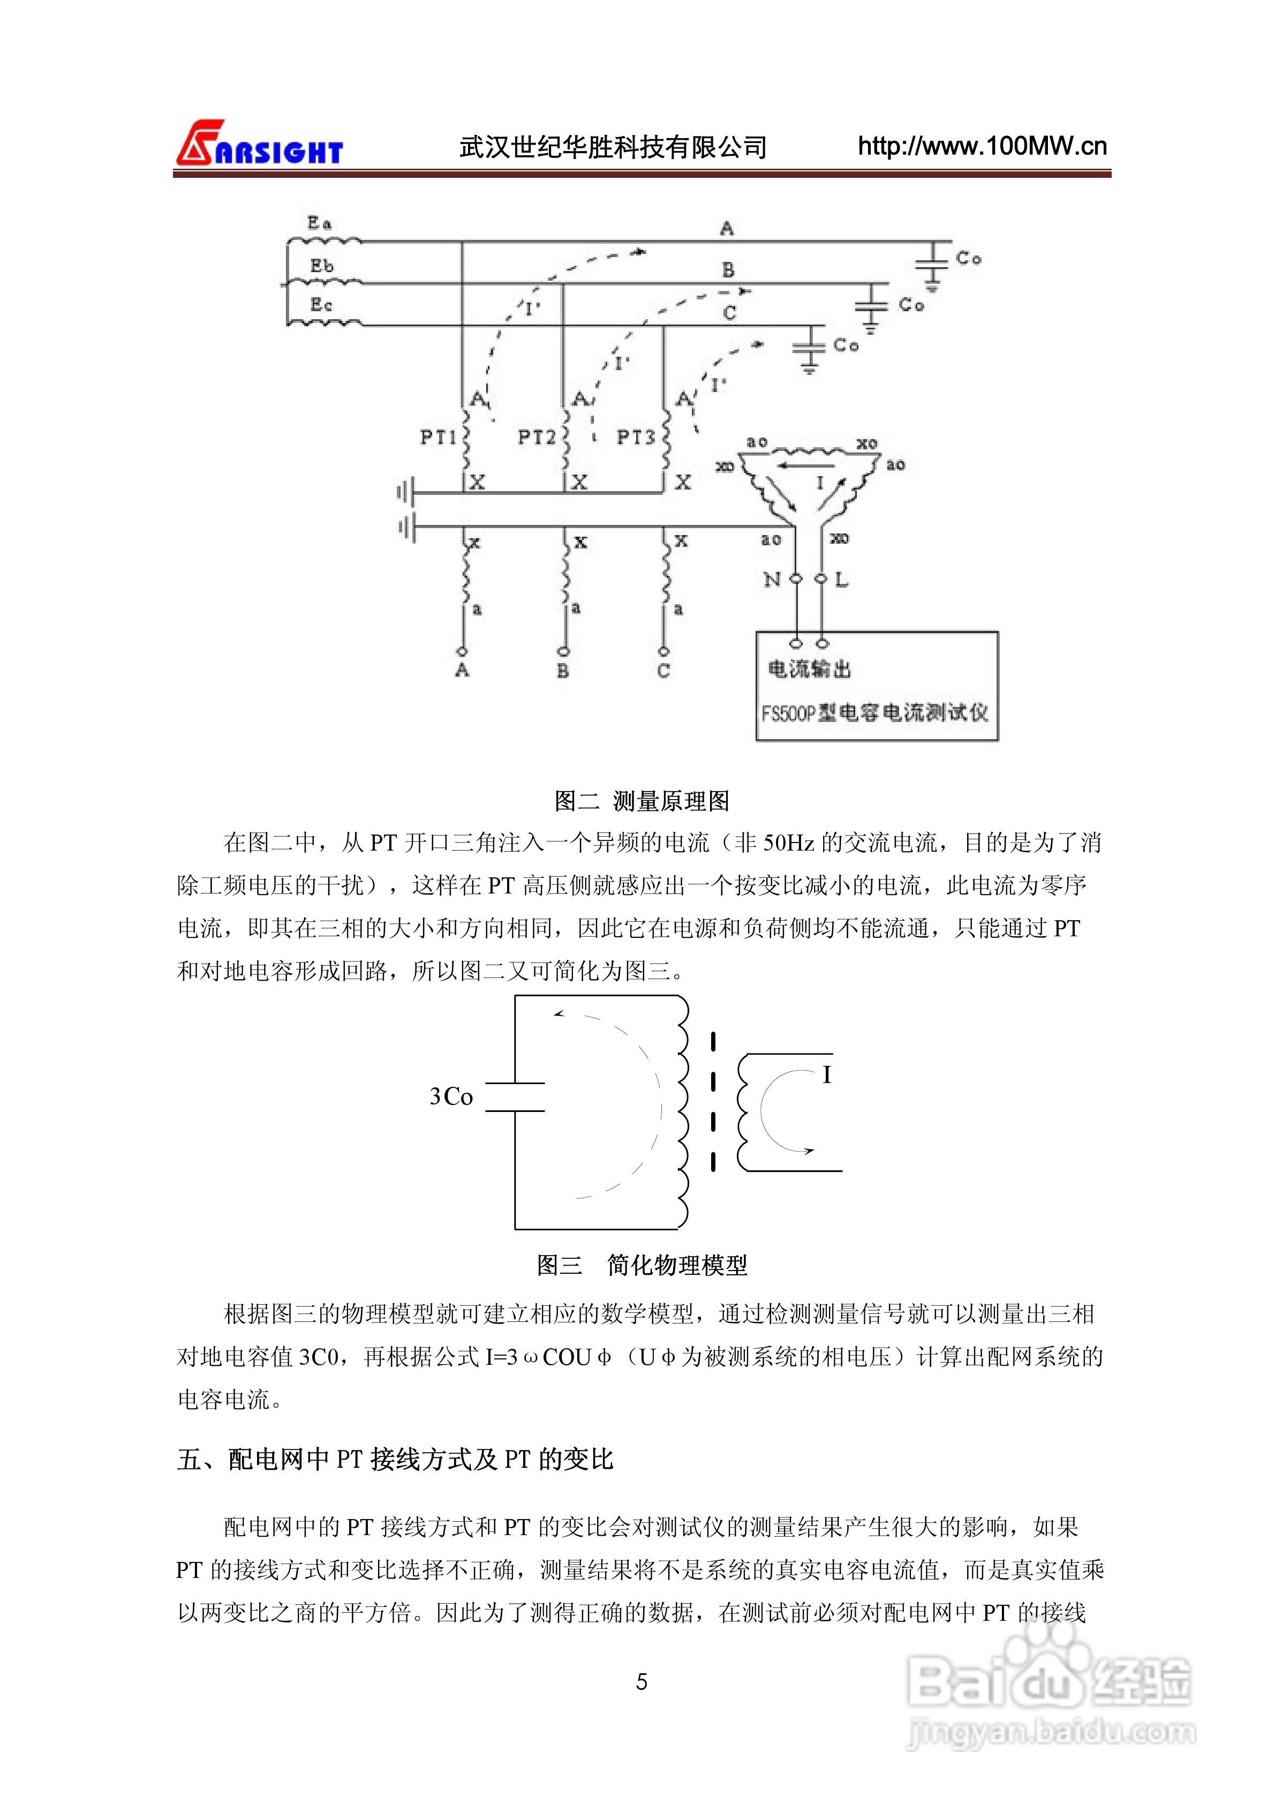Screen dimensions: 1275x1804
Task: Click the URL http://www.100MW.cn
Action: pos(982,146)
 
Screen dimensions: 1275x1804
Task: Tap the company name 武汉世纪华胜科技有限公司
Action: pos(613,147)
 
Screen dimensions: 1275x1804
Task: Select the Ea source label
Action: pos(319,223)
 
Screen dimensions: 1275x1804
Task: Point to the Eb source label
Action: pos(321,266)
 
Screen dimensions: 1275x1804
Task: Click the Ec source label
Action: pos(321,305)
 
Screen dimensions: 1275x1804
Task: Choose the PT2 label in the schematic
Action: pos(537,437)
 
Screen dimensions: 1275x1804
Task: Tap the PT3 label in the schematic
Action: pos(636,437)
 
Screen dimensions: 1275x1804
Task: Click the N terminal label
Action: pos(772,580)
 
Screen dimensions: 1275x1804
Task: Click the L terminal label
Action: pos(841,580)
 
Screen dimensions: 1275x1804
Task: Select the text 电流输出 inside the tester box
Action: pos(809,668)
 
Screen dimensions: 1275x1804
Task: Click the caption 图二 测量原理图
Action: pos(642,801)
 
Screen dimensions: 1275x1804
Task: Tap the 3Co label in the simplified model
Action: pos(451,1096)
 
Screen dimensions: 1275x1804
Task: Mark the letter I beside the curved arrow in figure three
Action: pos(826,1075)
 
